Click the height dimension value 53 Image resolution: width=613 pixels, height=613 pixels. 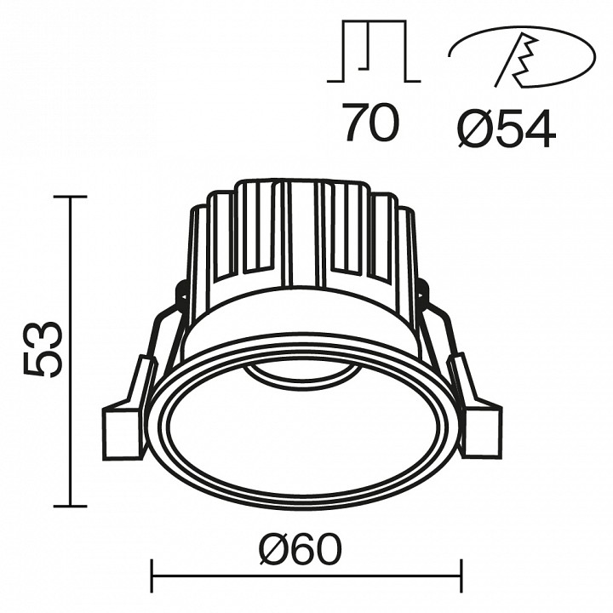coord(43,349)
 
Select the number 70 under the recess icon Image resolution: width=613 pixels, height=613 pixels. coord(371,123)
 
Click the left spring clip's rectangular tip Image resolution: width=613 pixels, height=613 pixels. coord(118,434)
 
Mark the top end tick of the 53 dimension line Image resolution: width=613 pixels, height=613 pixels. coord(70,197)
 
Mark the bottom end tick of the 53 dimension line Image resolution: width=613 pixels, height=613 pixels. coord(70,506)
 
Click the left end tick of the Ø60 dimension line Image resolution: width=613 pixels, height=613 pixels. coord(152,576)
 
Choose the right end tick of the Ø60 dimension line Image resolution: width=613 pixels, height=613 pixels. coord(461,576)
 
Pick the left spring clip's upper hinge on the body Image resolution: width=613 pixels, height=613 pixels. coord(181,295)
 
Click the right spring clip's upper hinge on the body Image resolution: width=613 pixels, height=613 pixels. coord(423,295)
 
